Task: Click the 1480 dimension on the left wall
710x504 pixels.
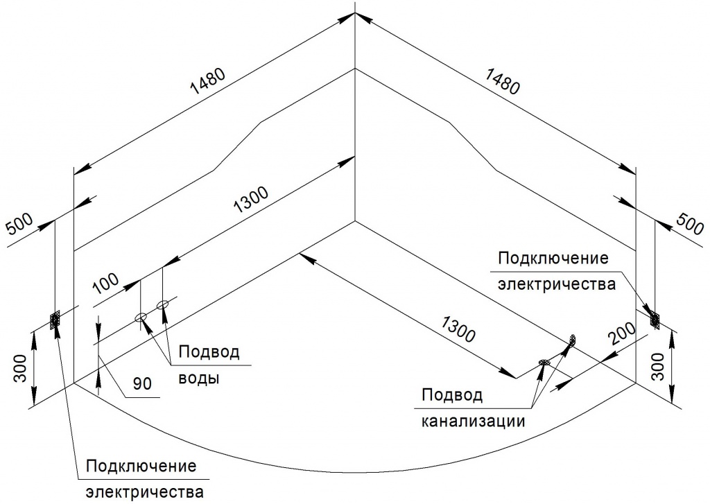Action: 208,82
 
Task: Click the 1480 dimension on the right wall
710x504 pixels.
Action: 502,81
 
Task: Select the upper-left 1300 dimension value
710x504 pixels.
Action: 251,200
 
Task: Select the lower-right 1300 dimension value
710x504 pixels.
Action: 458,329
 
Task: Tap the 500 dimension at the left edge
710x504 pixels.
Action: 20,224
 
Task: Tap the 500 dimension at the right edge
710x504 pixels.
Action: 690,223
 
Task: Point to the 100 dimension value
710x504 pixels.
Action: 106,284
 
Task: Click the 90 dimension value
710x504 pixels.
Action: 142,383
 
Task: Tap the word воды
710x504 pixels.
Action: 199,378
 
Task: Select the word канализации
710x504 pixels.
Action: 473,421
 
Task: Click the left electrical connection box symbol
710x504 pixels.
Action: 55,320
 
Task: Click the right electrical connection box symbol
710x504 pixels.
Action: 655,320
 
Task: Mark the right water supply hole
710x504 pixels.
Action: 162,305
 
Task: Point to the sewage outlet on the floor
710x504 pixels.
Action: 544,362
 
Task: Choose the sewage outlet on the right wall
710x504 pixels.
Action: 573,340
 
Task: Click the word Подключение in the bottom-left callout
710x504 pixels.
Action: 141,467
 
